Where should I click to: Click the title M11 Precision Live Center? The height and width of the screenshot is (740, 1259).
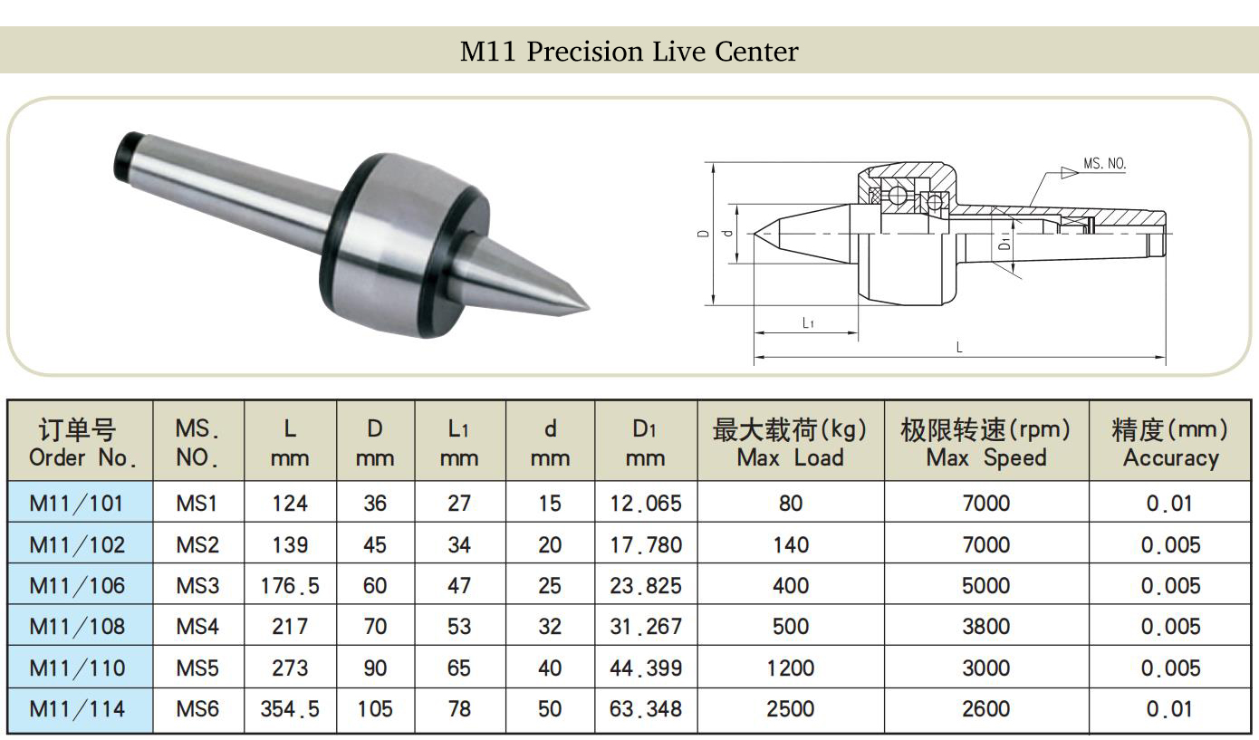[x=629, y=51]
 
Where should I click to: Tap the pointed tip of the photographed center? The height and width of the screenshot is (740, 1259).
[x=589, y=308]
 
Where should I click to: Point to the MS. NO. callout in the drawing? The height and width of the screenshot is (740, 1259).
[x=1104, y=164]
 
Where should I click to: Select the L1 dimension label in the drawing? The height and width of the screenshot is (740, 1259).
[x=808, y=322]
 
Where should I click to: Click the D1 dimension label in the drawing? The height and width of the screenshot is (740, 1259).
[x=1004, y=243]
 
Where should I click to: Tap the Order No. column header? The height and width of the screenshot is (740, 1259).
[x=81, y=443]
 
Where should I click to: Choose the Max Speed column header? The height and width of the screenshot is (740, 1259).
[x=985, y=443]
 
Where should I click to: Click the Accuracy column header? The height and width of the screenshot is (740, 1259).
[x=1170, y=443]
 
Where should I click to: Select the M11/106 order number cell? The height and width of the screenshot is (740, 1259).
[x=77, y=585]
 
